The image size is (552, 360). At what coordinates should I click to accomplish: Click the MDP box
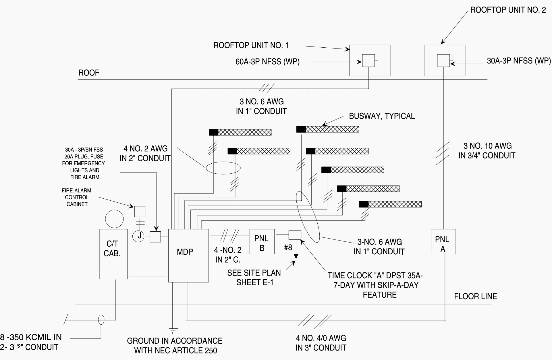point(188,256)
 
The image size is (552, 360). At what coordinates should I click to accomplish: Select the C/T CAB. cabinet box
point(113,254)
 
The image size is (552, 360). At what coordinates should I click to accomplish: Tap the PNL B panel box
point(262,242)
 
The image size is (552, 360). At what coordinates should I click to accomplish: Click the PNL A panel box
point(443,242)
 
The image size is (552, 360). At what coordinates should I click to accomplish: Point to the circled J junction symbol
point(139,236)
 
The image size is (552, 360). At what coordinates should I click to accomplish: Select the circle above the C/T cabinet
point(114,219)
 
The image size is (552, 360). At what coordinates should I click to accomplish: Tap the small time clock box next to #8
point(295,235)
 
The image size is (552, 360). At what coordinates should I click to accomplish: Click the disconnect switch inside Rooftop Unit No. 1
point(368,60)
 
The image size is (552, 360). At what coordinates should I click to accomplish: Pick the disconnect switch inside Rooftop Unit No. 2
point(443,60)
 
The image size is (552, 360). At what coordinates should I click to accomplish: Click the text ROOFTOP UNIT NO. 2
point(508,10)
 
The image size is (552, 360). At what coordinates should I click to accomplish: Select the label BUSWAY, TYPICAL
point(382,116)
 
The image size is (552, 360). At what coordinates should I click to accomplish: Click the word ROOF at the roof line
point(89,73)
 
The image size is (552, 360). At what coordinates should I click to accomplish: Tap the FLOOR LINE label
point(475,296)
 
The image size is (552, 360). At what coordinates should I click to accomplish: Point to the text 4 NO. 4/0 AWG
point(321,338)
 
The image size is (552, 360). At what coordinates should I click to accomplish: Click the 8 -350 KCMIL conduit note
point(31,337)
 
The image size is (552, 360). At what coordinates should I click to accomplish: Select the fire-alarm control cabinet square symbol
point(140,212)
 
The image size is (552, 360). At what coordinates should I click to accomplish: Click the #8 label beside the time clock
point(288,247)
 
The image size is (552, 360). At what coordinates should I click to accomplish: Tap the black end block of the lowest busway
point(364,204)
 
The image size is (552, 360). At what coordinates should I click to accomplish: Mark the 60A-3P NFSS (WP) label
point(267,62)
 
